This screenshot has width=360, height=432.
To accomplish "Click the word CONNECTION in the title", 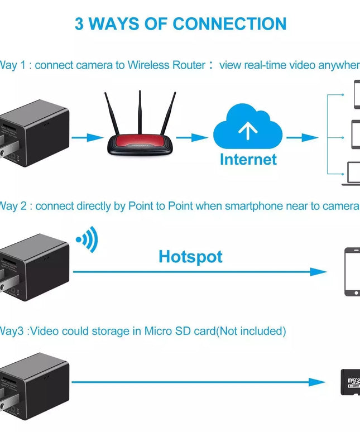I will coord(229,24).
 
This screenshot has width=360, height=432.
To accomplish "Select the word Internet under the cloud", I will coord(248,159).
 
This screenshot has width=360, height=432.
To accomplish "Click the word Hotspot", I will coord(190,257).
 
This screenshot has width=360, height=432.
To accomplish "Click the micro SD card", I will coord(350,381).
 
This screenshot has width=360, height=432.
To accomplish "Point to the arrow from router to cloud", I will coord(191,137).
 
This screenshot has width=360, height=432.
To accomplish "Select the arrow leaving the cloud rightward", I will coord(302,137).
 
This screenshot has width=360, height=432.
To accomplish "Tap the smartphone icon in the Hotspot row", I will coord(352,272).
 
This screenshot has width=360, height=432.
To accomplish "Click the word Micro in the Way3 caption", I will coord(157,331).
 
